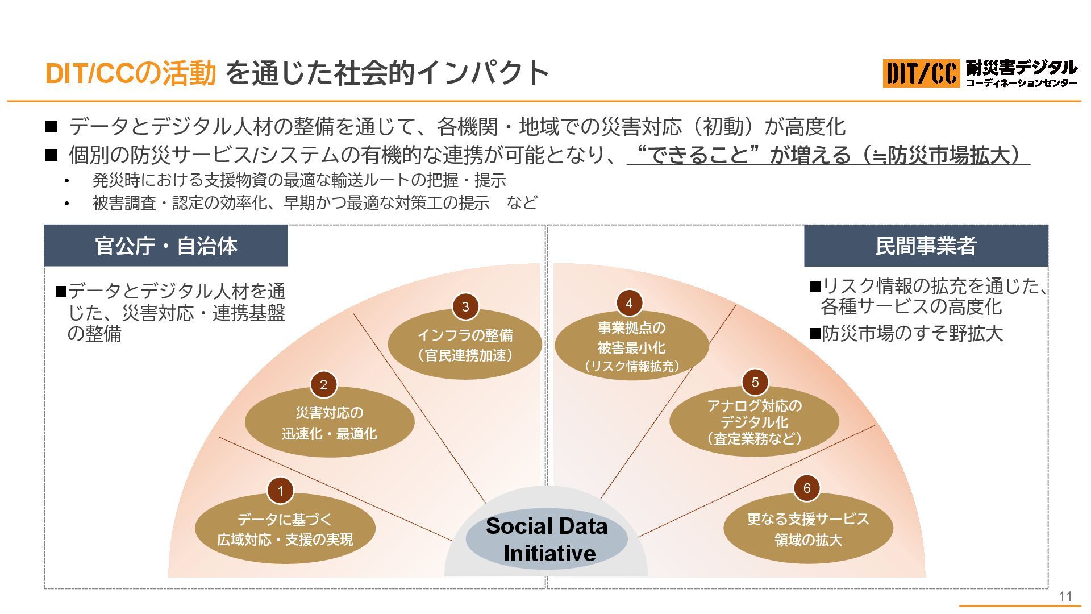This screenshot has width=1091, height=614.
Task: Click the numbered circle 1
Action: pos(280,491)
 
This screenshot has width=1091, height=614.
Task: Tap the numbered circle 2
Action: pos(323,385)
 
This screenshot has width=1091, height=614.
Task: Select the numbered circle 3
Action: pos(465,307)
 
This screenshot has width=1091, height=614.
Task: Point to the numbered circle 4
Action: pos(629,304)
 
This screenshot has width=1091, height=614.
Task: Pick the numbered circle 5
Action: pos(755,383)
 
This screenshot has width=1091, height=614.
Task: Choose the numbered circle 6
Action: pos(807,488)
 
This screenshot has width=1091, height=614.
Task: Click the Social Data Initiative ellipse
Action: pos(547,539)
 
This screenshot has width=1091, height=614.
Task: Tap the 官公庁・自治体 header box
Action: pos(166,246)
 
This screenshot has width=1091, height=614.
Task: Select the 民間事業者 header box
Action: pos(926,246)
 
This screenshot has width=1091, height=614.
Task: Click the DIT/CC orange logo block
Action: pos(921,73)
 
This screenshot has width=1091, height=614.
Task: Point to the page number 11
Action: pos(1065,596)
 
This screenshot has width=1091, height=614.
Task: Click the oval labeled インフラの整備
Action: pos(465,346)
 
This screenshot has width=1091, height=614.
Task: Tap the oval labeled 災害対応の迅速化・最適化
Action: pos(330,424)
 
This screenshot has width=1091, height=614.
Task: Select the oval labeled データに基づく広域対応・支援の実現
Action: pos(285,529)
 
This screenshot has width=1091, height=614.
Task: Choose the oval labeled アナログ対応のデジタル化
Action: pos(754,422)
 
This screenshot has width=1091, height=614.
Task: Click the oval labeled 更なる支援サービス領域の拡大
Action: pos(808,529)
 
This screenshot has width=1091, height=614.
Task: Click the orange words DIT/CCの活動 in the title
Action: pos(130,73)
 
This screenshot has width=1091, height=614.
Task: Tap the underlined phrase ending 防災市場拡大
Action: pos(828,155)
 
